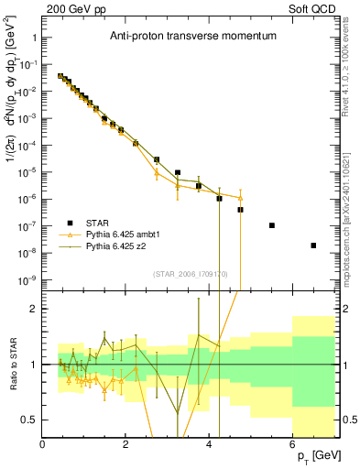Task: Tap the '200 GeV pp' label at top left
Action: (70, 8)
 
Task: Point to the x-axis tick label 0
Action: (42, 444)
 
